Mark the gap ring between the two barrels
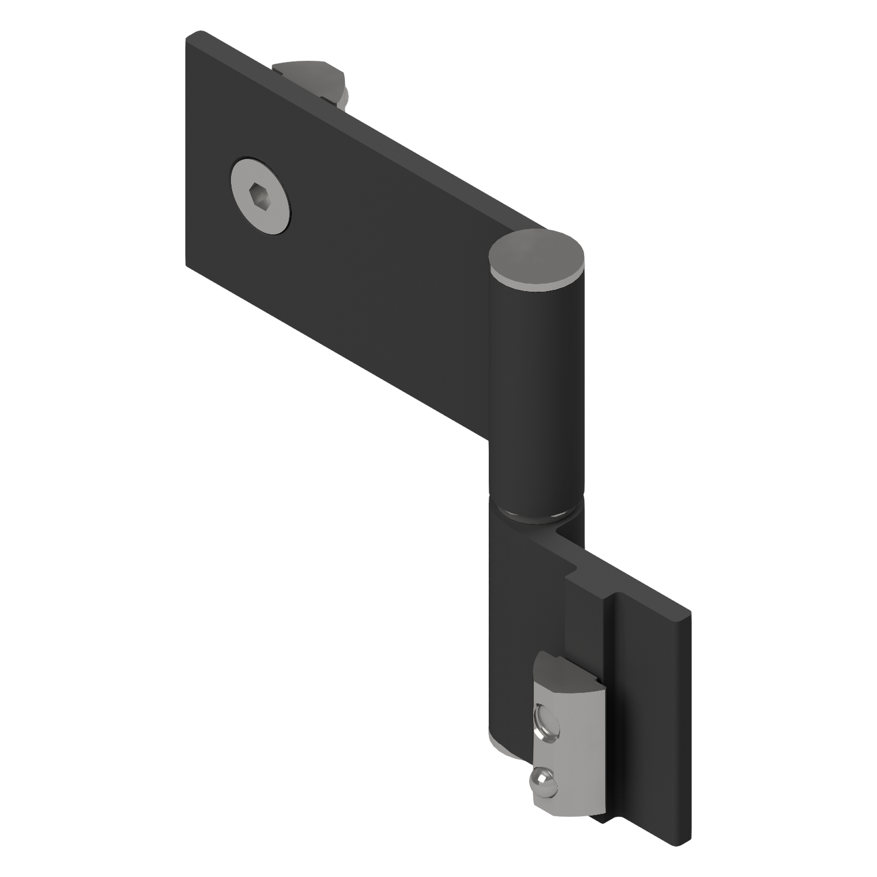536,515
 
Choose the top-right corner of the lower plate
689,614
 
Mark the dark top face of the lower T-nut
564,672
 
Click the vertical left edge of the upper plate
187,152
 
